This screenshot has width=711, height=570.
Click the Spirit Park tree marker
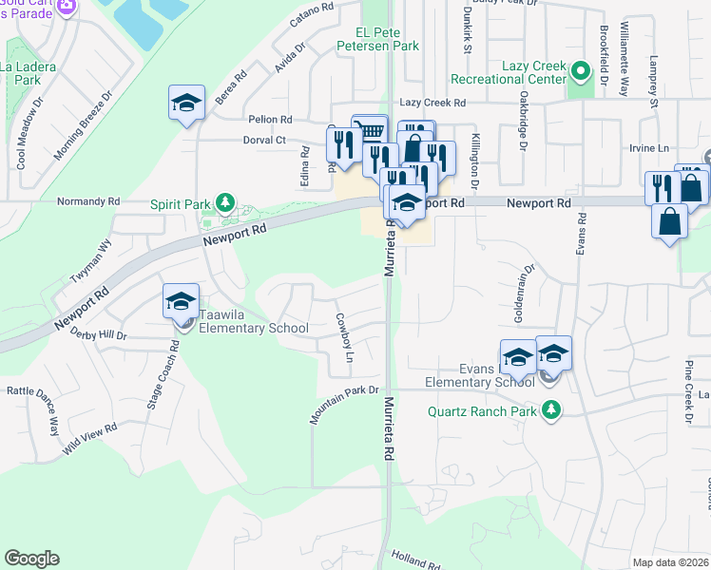(x=225, y=201)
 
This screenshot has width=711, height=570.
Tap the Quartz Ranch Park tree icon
(x=550, y=411)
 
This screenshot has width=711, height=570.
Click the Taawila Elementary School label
(x=254, y=329)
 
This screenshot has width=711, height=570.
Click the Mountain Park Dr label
(x=344, y=404)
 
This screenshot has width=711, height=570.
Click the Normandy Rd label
(x=88, y=201)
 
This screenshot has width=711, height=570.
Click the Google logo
(x=31, y=559)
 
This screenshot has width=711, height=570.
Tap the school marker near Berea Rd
(x=186, y=104)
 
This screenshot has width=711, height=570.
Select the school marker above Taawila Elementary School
(x=180, y=301)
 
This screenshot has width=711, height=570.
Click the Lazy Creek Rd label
(x=432, y=102)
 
